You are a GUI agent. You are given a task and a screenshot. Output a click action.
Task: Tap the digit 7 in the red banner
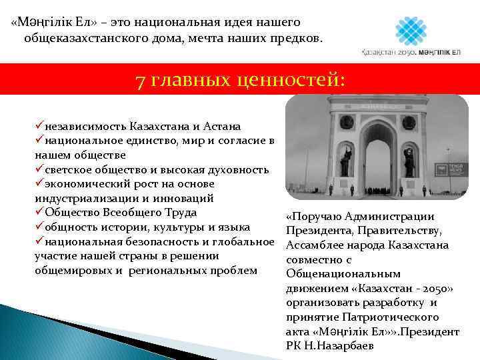click(x=140, y=81)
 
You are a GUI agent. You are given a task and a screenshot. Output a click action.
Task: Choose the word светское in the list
click(x=73, y=169)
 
